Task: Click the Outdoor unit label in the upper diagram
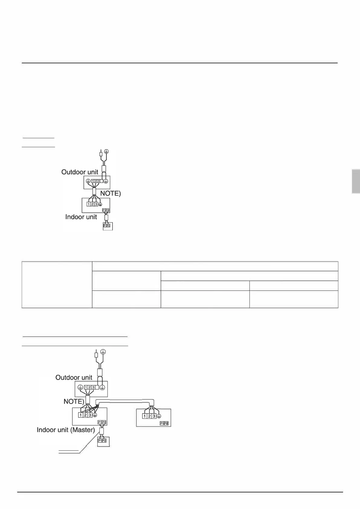80,172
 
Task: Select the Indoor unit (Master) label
66,430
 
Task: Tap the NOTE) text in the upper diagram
110,193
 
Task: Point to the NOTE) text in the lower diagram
74,401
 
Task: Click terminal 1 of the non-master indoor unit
144,416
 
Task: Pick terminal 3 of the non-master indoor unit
154,416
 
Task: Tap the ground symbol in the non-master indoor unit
159,416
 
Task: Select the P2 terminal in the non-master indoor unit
166,423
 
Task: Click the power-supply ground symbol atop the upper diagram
106,151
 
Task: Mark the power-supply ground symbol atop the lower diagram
103,352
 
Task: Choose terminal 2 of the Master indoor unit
85,415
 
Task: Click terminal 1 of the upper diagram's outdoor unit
92,181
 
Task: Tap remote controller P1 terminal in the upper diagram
105,225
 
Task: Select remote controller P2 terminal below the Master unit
104,441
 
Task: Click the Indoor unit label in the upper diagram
81,217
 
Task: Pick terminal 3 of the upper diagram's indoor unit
96,204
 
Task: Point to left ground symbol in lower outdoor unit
80,387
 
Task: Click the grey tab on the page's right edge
356,181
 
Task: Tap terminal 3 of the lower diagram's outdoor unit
93,387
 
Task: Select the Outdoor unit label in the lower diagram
74,378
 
